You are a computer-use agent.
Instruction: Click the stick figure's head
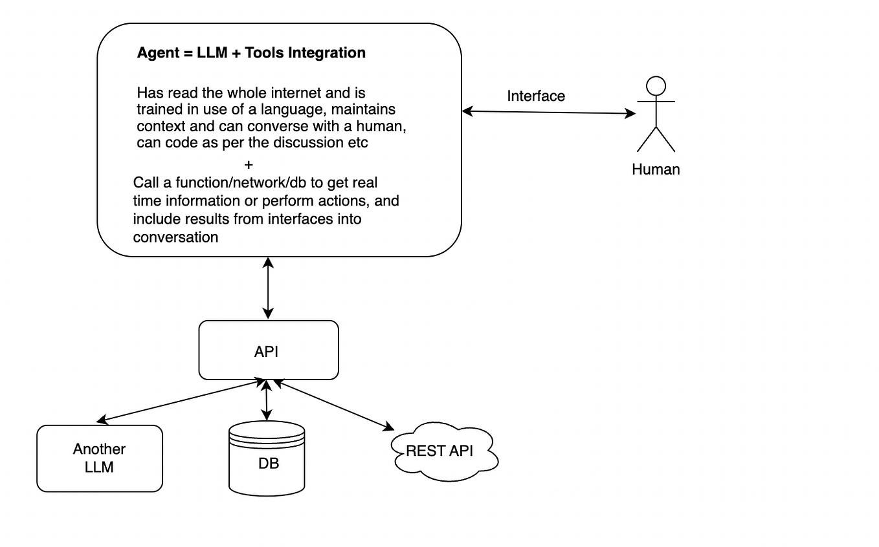[656, 86]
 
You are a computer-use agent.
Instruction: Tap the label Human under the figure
[656, 169]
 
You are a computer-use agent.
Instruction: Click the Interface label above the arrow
[536, 96]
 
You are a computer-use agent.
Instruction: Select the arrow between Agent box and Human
[549, 113]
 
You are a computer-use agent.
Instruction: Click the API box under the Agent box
[268, 350]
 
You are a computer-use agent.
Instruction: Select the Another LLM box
[99, 458]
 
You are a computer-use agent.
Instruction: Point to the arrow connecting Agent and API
[268, 288]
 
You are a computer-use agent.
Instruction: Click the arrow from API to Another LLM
[178, 402]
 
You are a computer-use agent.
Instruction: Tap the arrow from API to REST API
[333, 405]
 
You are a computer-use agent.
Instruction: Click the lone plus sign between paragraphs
[249, 165]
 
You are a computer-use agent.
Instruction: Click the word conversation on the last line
[175, 237]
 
